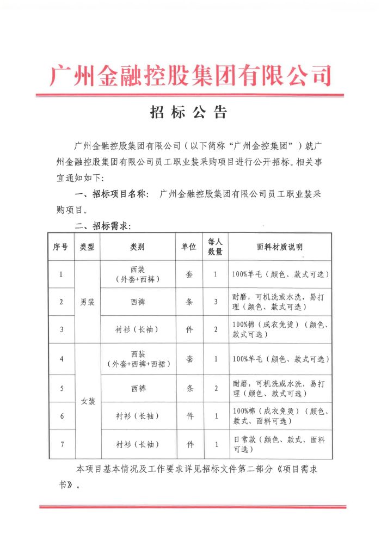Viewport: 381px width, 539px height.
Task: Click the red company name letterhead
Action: [190, 75]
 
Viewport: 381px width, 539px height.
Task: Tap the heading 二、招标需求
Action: [103, 226]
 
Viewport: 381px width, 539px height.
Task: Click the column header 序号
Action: [60, 247]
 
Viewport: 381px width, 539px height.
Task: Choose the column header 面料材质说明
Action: [280, 247]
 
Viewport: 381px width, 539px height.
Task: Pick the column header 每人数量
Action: [216, 247]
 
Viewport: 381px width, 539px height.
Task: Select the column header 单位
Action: [189, 247]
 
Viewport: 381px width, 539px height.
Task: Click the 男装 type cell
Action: [87, 302]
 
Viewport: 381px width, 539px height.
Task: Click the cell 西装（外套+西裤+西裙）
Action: [137, 359]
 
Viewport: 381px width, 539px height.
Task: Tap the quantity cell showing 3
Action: [216, 302]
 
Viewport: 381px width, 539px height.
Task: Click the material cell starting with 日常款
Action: [280, 444]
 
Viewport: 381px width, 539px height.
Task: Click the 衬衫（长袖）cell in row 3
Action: [137, 329]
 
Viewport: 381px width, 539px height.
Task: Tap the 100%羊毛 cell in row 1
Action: [280, 274]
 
